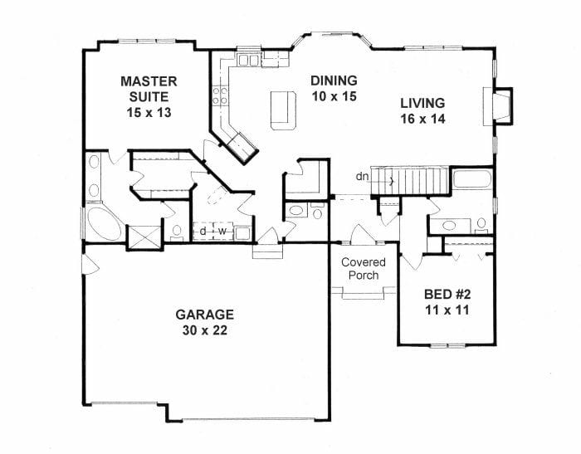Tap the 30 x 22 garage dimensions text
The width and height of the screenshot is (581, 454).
point(204,330)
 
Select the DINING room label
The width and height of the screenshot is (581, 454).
point(334,81)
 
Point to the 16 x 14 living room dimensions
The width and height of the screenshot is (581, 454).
point(422,119)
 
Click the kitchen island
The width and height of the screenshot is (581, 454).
point(281,110)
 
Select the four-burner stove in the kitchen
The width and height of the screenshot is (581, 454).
point(220,95)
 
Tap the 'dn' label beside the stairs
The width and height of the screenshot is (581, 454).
point(362,176)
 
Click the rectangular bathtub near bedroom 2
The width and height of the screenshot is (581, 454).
point(471,180)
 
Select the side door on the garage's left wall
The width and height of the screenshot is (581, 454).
point(89,266)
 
